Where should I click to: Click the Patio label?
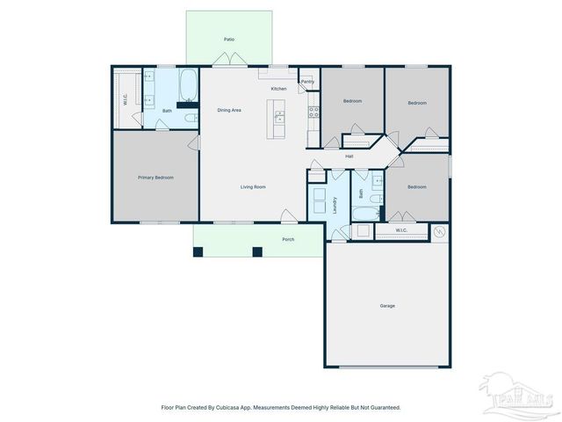coord(229,40)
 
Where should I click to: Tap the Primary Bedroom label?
coord(155,178)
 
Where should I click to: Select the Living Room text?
coord(254,186)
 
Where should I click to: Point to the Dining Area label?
coord(229,109)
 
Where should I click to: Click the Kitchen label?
coord(278,89)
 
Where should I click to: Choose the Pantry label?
coord(307,82)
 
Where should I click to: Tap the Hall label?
coord(349,156)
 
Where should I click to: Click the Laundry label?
coord(335,205)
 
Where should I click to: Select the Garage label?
coord(387,305)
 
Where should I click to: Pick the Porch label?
coord(287,239)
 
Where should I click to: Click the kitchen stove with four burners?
coord(312,113)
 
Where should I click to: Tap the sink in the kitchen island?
coord(279,118)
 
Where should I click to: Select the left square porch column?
coord(198,251)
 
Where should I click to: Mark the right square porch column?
coord(257,251)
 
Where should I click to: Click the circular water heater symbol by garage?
coord(439,232)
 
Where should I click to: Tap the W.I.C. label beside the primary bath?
coord(126,99)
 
